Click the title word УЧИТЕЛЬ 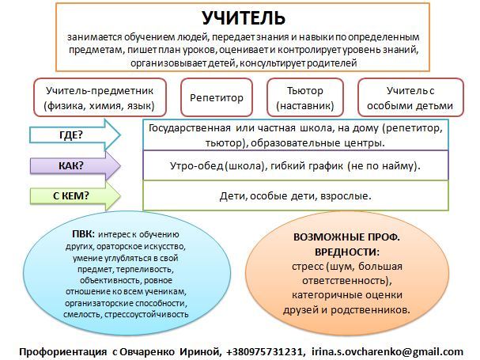pos(244,18)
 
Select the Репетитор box pos(217,97)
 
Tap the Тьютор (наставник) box pos(305,97)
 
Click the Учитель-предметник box pos(100,97)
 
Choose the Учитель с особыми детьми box pos(410,97)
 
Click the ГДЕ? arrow pos(75,135)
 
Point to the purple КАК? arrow pos(75,165)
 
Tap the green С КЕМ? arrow pos(75,195)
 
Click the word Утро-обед pos(197,165)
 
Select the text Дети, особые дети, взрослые pos(296,195)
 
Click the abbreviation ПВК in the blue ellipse pos(83,234)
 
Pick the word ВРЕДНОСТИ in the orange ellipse pos(347,252)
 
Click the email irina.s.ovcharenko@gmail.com pos(387,352)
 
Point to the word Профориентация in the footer pos(63,352)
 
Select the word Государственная pos(190,128)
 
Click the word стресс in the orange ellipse pos(308,267)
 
